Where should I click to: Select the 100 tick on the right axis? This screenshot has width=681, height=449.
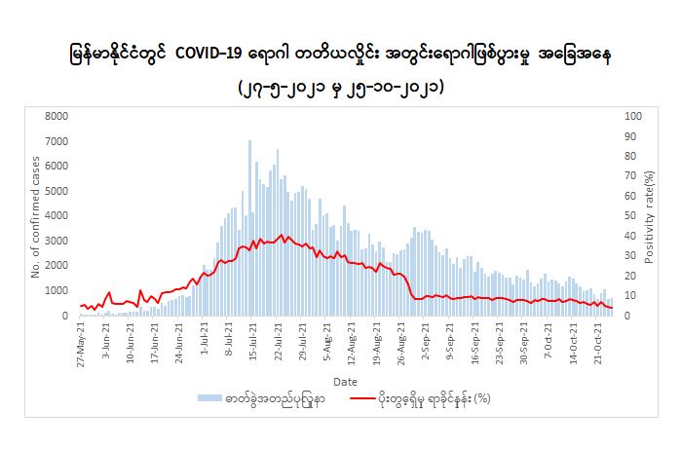[631, 116]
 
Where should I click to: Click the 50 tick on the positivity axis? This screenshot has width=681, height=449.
[628, 215]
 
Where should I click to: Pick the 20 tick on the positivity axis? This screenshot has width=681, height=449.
[628, 276]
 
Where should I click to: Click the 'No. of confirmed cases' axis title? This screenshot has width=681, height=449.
[35, 215]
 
